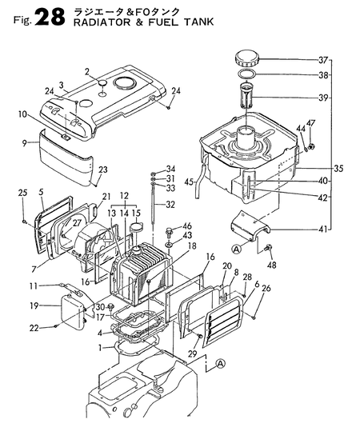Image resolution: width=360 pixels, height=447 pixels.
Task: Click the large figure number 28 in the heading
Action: pos(50,17)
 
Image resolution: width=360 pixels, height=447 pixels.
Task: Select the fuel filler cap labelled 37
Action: pos(246,58)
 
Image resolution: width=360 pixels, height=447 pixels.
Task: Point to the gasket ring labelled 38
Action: pos(246,74)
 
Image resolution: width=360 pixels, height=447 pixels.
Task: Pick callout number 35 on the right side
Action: pos(339,168)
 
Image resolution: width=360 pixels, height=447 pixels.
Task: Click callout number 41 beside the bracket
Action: pos(322,229)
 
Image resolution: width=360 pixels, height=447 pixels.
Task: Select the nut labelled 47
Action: pos(311,146)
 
